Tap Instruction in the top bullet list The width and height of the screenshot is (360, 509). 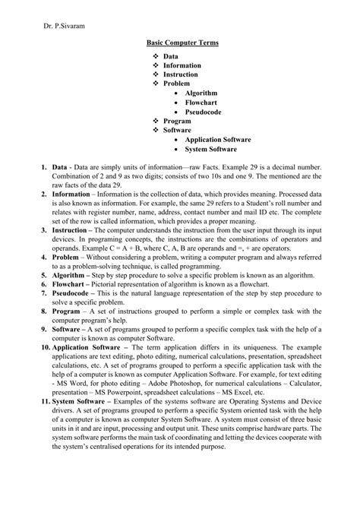coord(181,74)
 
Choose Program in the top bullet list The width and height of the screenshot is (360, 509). coord(176,121)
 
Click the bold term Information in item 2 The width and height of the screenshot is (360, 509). coord(71,194)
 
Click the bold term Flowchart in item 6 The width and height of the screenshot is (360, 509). coord(70,286)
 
